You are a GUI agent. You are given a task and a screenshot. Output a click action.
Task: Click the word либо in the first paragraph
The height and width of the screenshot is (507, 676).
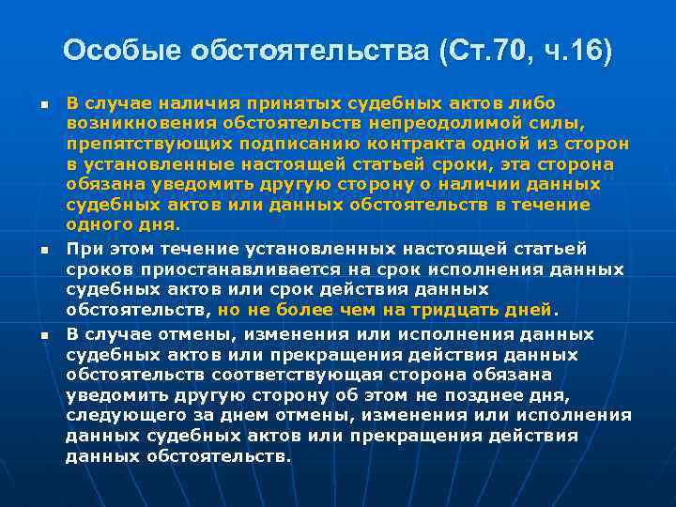(533, 101)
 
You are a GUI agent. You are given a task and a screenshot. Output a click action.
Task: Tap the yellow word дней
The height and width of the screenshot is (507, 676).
(531, 310)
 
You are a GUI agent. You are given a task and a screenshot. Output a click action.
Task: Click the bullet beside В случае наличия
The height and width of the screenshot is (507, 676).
(43, 103)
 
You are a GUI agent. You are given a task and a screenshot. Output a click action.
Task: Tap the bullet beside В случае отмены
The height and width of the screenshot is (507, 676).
(43, 335)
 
